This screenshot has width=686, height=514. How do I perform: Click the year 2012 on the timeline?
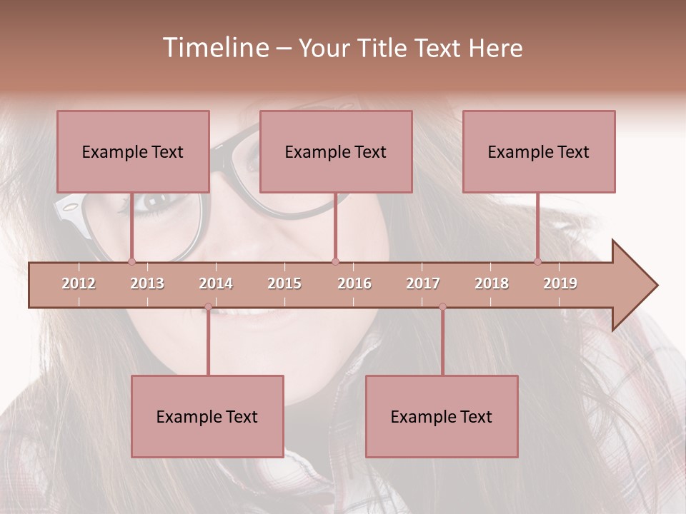click(x=79, y=283)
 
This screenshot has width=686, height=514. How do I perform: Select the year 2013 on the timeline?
click(x=147, y=283)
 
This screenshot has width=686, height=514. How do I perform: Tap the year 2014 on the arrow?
click(x=216, y=283)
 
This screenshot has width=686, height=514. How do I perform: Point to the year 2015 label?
click(x=284, y=283)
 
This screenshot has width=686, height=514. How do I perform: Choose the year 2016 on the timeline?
click(x=354, y=283)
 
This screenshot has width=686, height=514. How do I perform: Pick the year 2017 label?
click(x=423, y=283)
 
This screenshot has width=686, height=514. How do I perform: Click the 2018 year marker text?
click(x=492, y=283)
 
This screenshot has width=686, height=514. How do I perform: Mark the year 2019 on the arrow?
click(x=560, y=283)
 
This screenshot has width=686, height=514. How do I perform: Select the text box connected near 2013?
click(x=133, y=151)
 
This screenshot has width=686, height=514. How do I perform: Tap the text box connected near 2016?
click(x=336, y=151)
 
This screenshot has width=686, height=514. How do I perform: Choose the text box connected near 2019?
click(x=539, y=151)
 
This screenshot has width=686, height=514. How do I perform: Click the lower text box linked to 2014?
click(x=207, y=416)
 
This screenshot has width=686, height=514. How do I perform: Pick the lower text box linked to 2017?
click(x=442, y=416)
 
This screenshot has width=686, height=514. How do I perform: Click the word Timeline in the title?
click(x=215, y=48)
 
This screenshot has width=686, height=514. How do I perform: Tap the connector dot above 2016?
click(x=336, y=261)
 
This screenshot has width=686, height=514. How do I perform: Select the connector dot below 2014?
click(x=208, y=307)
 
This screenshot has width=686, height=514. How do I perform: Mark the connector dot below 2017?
click(x=442, y=307)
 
